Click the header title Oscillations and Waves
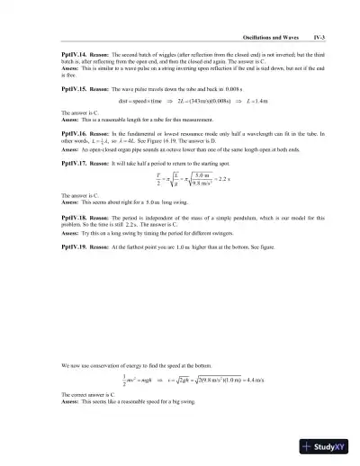click(x=270, y=37)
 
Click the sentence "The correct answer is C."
click(x=89, y=395)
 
